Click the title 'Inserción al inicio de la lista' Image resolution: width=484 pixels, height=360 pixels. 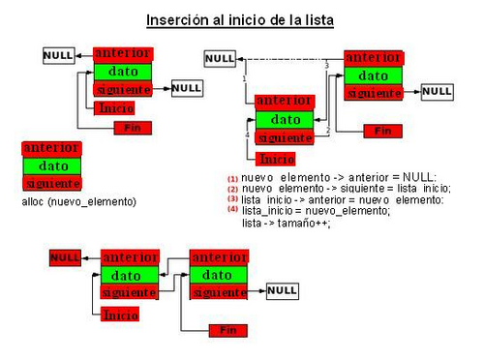(x=240, y=19)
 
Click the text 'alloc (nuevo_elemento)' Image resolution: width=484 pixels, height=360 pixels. (x=78, y=201)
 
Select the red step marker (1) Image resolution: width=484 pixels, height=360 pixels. (x=232, y=179)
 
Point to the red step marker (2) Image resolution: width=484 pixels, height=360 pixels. (x=232, y=190)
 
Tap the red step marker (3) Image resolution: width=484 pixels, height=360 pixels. (x=232, y=200)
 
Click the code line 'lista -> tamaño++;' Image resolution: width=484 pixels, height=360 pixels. (x=286, y=223)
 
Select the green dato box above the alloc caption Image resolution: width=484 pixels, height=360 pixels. (x=51, y=165)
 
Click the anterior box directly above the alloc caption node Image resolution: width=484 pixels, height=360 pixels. (x=51, y=148)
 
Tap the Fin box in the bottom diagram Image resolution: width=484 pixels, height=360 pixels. (x=228, y=330)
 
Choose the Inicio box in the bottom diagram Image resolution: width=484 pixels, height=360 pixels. (x=120, y=315)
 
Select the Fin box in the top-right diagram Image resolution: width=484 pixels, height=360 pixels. (x=382, y=131)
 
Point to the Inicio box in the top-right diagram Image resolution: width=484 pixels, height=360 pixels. (x=277, y=159)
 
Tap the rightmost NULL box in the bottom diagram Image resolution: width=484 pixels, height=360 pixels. (x=282, y=290)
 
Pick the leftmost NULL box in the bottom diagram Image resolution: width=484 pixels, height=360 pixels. (x=65, y=258)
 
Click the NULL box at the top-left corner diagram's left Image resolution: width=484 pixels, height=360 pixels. (x=58, y=56)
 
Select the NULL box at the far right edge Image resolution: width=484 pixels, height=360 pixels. (x=438, y=91)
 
